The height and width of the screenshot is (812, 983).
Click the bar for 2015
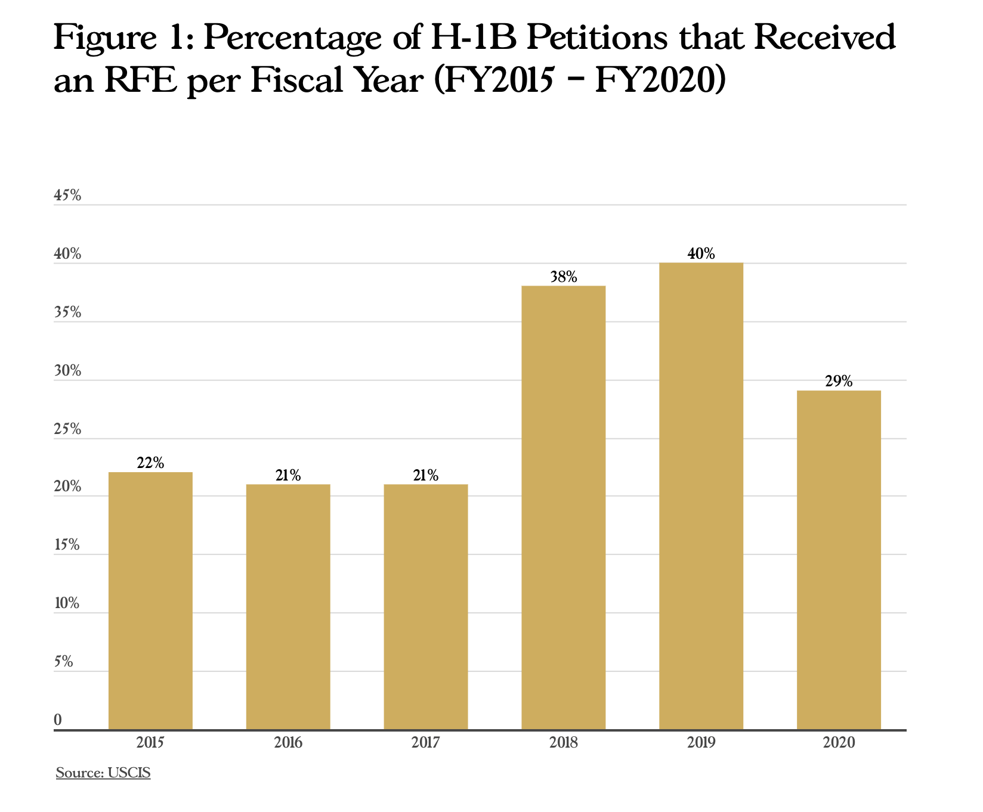(150, 601)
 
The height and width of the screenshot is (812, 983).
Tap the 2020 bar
(839, 560)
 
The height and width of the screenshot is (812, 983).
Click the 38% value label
(563, 277)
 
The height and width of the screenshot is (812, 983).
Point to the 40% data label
(701, 254)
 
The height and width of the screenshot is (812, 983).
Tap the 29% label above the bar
(839, 382)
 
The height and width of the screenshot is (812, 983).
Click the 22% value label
(150, 463)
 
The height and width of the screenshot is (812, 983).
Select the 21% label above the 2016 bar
(288, 476)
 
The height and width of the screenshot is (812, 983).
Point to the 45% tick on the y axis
(67, 196)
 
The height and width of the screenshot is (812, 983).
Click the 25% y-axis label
(67, 429)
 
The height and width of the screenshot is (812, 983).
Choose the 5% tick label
(64, 662)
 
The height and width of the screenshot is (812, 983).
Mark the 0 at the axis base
(58, 720)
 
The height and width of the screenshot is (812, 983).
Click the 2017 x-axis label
(426, 743)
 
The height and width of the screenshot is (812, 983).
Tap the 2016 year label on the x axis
(288, 743)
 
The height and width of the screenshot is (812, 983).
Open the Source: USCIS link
(103, 774)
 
